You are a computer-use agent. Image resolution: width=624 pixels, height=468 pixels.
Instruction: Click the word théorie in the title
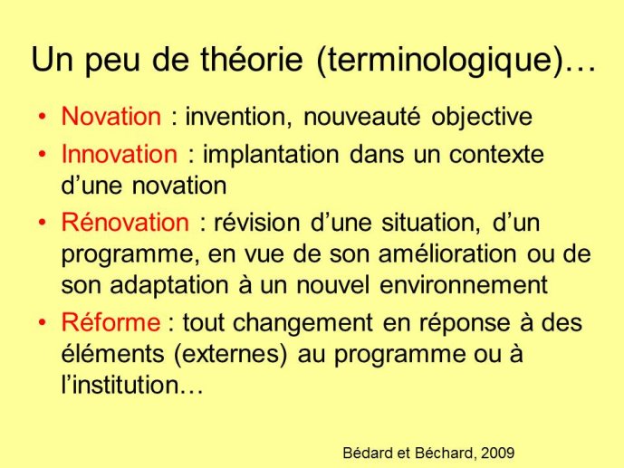click(x=251, y=59)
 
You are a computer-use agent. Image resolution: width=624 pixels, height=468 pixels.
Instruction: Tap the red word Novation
click(x=111, y=116)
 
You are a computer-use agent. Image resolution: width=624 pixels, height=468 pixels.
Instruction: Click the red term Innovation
click(x=120, y=154)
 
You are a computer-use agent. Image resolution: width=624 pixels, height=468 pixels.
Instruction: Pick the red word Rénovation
click(x=125, y=221)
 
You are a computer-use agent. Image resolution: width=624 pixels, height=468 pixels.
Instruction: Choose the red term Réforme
click(x=110, y=321)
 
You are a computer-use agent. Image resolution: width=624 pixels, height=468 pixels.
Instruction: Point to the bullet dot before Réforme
click(x=43, y=322)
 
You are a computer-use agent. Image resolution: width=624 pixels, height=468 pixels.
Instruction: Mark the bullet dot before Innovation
click(x=43, y=155)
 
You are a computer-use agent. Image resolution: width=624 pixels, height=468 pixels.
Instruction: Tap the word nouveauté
click(x=361, y=117)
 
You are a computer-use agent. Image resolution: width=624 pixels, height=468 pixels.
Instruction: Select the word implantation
click(x=271, y=155)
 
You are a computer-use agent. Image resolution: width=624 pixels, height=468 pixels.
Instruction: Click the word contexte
click(x=496, y=154)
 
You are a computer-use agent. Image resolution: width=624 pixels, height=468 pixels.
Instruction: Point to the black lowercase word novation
click(x=179, y=186)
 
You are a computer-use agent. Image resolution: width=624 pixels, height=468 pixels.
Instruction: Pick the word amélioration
click(x=447, y=253)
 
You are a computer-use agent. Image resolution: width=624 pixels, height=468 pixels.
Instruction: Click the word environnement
click(x=464, y=285)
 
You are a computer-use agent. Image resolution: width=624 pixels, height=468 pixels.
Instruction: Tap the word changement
click(x=302, y=322)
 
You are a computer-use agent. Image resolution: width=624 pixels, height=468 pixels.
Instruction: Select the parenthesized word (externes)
click(x=230, y=354)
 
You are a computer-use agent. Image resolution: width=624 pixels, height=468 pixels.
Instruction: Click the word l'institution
click(x=127, y=385)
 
